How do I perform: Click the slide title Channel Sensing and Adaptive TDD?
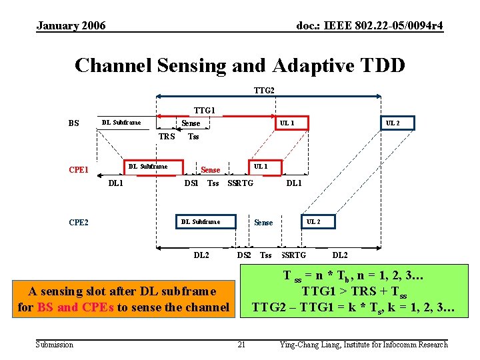coord(239,65)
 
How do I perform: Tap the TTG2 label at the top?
coord(265,90)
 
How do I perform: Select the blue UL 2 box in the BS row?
coord(393,123)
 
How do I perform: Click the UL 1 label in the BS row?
coord(287,123)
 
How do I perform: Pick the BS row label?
coord(74,123)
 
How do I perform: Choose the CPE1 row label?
coord(79,169)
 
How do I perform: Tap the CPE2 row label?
coord(79,222)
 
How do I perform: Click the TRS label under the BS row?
coord(167,137)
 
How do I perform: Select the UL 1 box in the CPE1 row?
coord(260,166)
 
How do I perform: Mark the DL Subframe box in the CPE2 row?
coord(201,221)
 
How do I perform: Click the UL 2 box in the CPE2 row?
coord(313,221)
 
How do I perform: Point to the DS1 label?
coord(191,183)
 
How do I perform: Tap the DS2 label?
coord(244,255)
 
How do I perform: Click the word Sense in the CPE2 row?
coord(263,222)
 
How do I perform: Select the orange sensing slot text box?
coord(123,299)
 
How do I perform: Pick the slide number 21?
coord(241,344)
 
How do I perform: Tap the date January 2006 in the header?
coord(71,26)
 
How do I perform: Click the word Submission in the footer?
coord(55,344)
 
